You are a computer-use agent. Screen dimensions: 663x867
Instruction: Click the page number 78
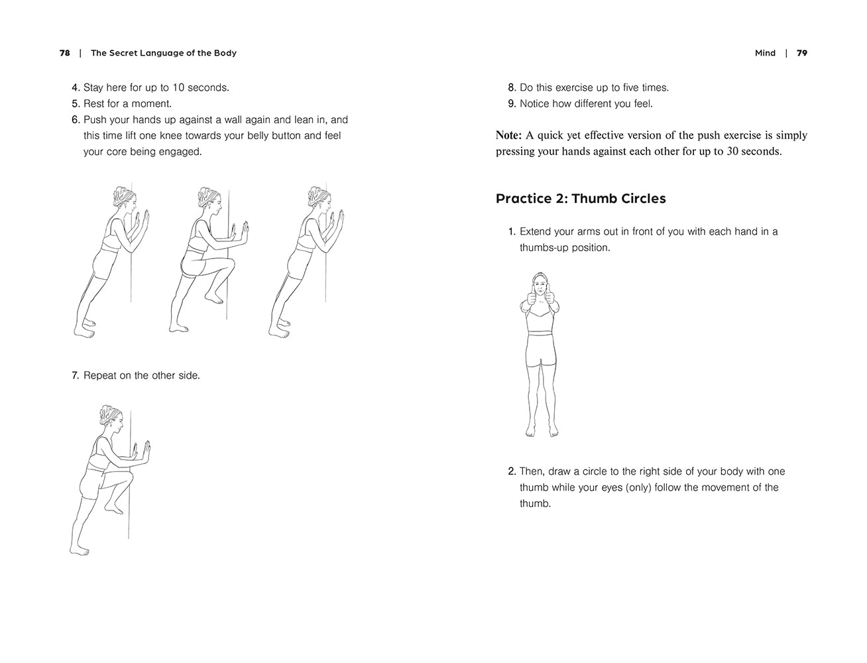[x=64, y=53]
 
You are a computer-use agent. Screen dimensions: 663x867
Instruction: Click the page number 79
[x=802, y=53]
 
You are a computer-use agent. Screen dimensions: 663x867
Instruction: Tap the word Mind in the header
[x=765, y=53]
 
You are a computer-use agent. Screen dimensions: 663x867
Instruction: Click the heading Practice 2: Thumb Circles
[x=581, y=199]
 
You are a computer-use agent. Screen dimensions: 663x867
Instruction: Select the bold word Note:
[x=508, y=135]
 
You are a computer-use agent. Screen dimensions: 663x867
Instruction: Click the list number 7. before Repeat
[x=76, y=375]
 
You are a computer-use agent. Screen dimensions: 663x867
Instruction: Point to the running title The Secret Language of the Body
[x=164, y=53]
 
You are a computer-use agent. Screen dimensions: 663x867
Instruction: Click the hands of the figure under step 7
[x=143, y=452]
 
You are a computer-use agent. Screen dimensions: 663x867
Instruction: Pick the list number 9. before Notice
[x=512, y=103]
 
